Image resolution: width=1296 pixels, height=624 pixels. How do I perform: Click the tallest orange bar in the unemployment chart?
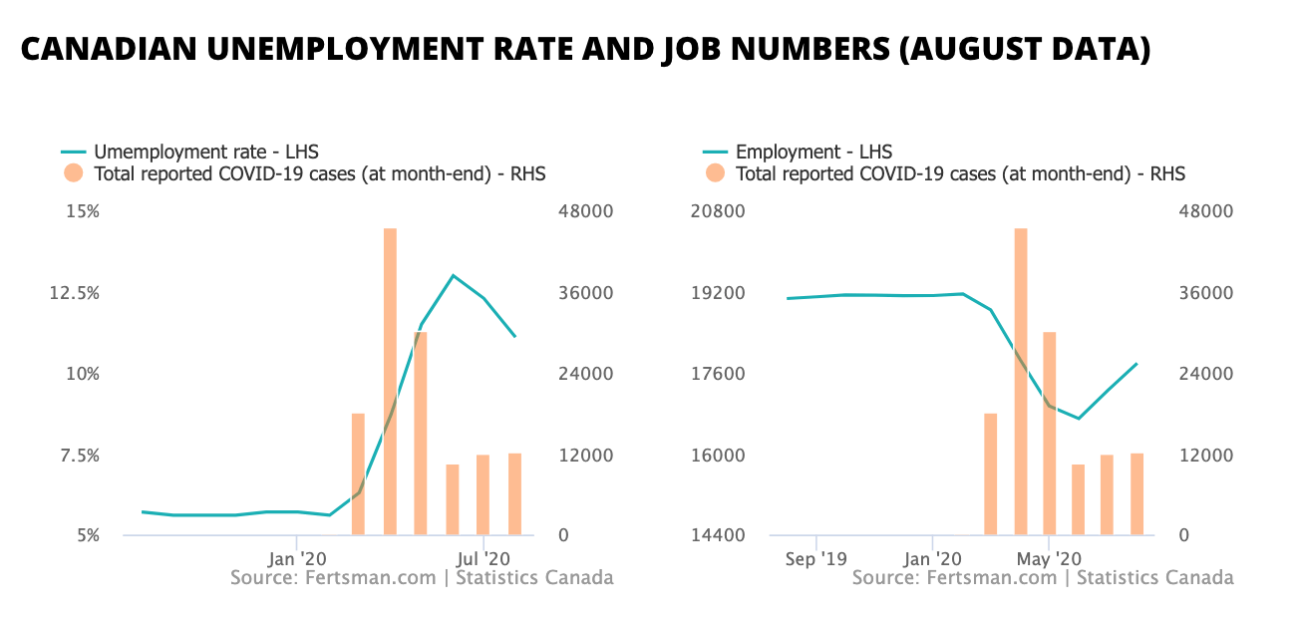coord(390,381)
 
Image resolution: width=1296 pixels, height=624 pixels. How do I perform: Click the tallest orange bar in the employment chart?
coord(1020,381)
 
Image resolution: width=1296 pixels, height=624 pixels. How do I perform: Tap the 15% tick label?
coord(83,212)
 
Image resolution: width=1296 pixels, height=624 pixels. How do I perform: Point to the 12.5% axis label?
coord(76,293)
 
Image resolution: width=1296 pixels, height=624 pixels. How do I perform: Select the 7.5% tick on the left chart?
coord(79,456)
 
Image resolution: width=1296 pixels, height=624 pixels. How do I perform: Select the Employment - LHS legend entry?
coord(812,153)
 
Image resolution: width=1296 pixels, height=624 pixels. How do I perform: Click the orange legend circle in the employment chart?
coord(715,174)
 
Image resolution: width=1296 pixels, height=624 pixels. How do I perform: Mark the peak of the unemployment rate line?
coord(453,275)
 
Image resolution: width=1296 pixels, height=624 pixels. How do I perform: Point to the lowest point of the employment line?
coord(1079,419)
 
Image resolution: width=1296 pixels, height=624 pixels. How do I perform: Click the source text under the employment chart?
coord(1043,578)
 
